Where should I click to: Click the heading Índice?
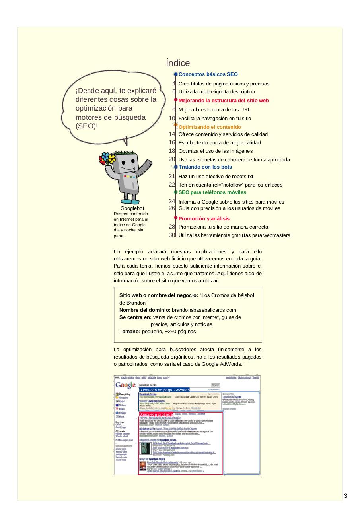click(178, 63)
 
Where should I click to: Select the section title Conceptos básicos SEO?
click(208, 74)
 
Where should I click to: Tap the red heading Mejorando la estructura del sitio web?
click(224, 101)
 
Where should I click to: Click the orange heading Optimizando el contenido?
click(210, 127)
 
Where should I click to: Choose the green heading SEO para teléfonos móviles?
click(212, 192)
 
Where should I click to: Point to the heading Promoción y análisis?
click(204, 219)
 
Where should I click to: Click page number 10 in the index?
click(172, 118)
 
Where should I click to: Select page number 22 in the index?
click(172, 185)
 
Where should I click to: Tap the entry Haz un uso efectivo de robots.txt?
click(216, 177)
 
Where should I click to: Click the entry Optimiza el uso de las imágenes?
click(216, 151)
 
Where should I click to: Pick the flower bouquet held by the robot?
click(109, 159)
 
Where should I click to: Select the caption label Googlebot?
click(132, 208)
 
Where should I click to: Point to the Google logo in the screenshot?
click(126, 385)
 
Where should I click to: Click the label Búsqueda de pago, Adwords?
click(164, 390)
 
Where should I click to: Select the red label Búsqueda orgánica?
click(156, 414)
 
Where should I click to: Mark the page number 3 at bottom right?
click(346, 496)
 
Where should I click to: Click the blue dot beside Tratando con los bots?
click(176, 167)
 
